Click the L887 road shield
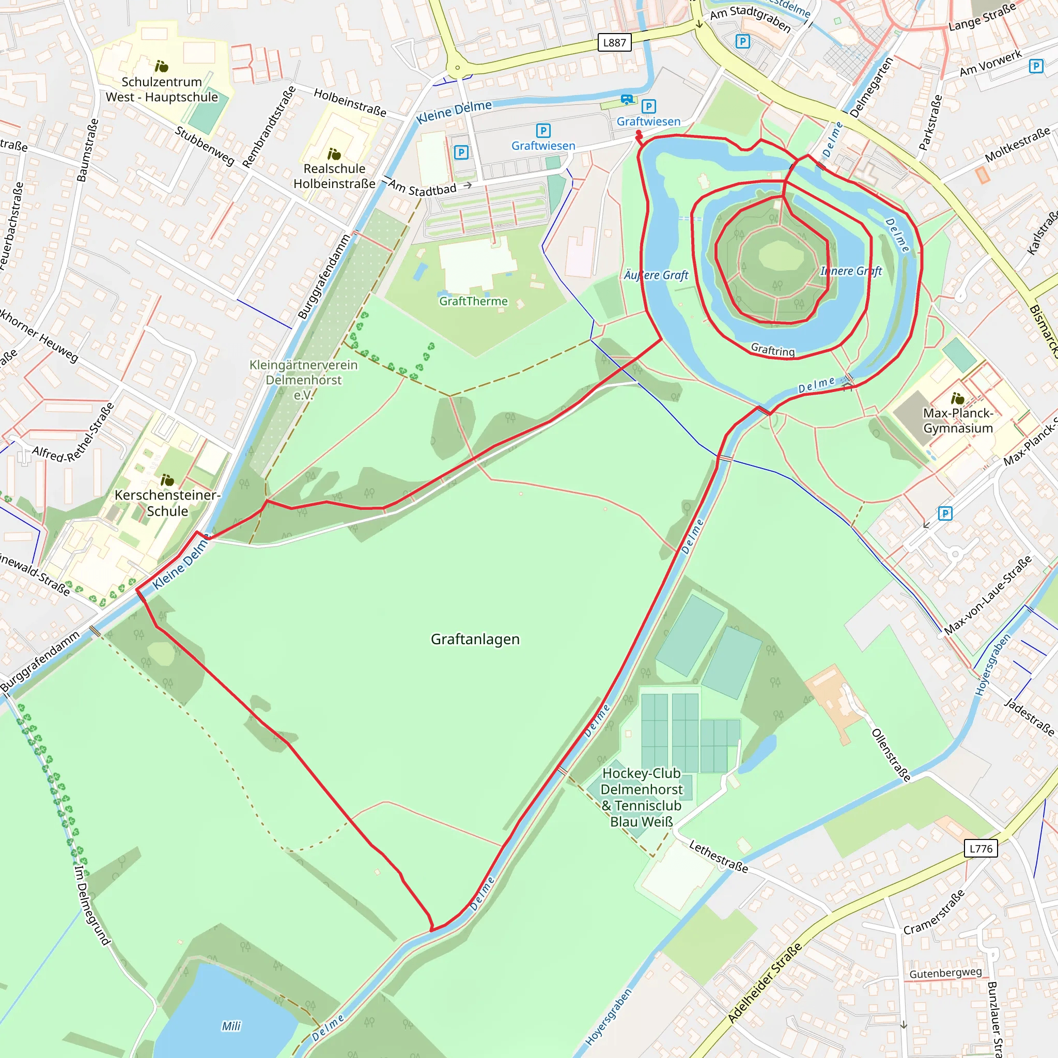[614, 43]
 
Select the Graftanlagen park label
[475, 639]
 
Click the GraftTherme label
[473, 301]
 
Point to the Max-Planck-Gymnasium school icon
[957, 398]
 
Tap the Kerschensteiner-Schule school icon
[167, 480]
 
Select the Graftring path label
[772, 350]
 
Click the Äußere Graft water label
[656, 275]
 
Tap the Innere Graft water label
[850, 271]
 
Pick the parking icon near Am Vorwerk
[1036, 66]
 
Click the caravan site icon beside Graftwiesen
[627, 100]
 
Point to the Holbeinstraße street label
[350, 102]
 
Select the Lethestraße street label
[718, 857]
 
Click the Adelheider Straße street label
[765, 983]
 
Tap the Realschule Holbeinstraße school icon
[334, 154]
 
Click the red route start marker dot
[639, 133]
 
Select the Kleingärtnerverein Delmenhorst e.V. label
[303, 380]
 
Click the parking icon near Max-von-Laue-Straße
[945, 513]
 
